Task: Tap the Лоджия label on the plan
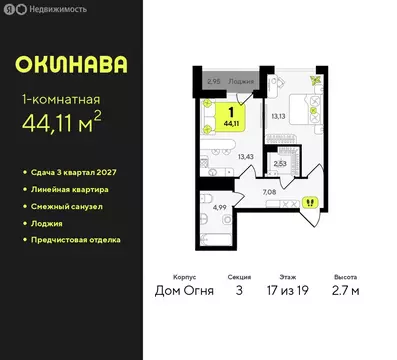coord(242,82)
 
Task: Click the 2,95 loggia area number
coord(213,82)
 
